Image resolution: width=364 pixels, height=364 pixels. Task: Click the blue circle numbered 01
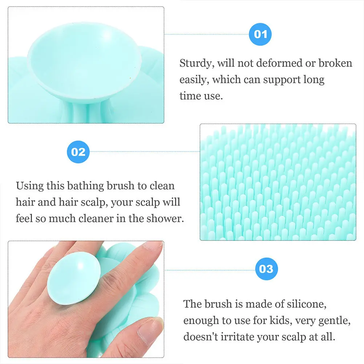point(260,35)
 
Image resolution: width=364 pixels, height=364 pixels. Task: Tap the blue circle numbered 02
point(78,151)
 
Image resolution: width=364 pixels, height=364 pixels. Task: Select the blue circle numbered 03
point(266,269)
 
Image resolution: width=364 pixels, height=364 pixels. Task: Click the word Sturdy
point(197,64)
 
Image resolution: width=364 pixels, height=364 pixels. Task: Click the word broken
point(335,63)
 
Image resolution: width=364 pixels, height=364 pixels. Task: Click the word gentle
point(319,320)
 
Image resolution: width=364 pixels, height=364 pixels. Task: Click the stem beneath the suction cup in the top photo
point(84,110)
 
